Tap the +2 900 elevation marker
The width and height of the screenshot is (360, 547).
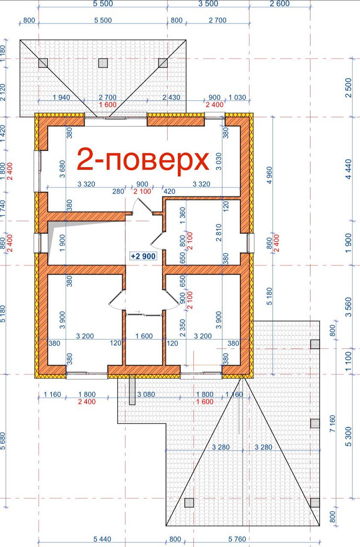click(143, 256)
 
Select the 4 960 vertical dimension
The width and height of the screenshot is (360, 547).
click(269, 175)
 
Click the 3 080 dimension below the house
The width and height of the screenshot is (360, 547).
click(146, 394)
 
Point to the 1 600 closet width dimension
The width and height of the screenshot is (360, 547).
click(144, 336)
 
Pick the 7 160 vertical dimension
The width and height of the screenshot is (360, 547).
click(332, 424)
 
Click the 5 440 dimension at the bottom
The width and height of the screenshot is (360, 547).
click(102, 539)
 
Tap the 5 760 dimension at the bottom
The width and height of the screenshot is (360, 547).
click(237, 539)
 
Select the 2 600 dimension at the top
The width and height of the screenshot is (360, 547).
click(280, 4)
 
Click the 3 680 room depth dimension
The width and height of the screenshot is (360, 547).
click(62, 169)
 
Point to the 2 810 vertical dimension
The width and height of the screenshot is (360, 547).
click(218, 233)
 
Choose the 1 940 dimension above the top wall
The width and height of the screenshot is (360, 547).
click(62, 97)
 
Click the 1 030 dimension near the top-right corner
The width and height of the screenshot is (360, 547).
click(237, 97)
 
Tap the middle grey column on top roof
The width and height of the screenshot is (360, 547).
click(103, 63)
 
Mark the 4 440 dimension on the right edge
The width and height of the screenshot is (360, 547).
click(349, 169)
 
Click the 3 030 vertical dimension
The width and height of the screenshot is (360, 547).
click(218, 162)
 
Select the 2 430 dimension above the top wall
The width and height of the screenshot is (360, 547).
click(171, 97)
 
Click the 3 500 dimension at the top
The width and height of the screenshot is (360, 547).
click(208, 4)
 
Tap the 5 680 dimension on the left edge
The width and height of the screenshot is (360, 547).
click(3, 441)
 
